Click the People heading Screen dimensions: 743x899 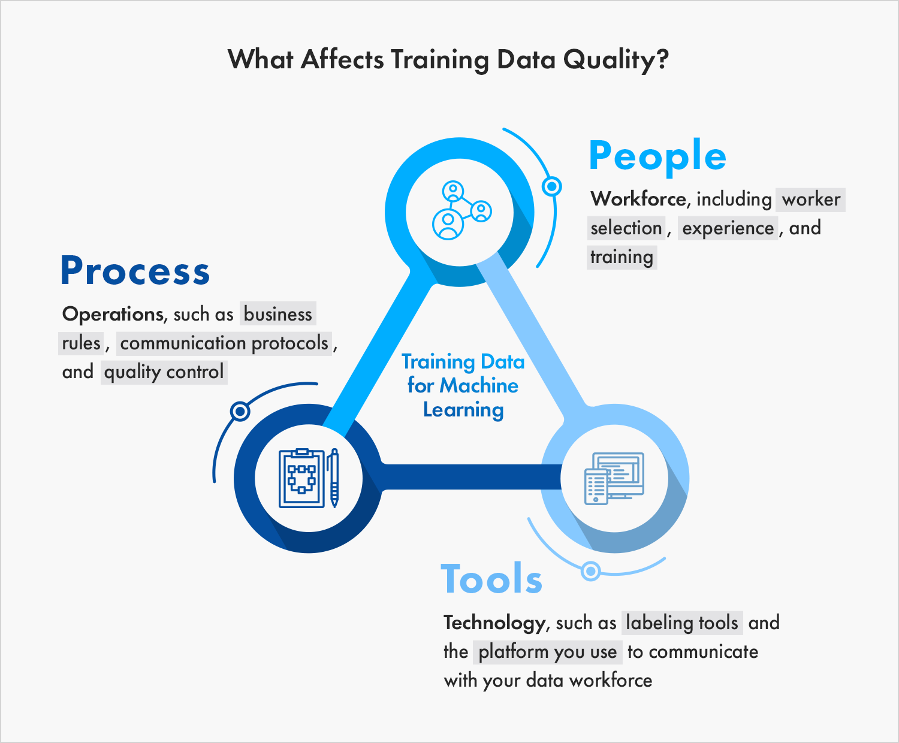657,156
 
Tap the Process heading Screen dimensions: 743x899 135,271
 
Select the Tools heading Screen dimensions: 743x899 491,579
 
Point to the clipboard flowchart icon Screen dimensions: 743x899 301,478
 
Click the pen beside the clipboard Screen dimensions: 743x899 334,478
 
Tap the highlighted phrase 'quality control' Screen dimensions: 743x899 164,372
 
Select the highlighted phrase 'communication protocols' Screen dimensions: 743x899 224,343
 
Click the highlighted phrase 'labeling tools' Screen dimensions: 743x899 682,623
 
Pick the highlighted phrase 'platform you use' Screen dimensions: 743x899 548,652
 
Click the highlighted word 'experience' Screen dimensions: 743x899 728,228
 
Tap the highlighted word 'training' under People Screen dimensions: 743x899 622,257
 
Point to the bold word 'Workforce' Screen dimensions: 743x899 638,199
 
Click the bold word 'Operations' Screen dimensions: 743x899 113,314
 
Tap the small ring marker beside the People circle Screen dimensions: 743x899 551,186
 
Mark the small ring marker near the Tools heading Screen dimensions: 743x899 591,571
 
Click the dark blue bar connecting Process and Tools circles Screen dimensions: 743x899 470,476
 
